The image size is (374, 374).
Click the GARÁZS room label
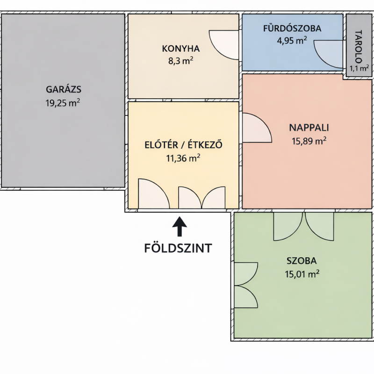[64, 89]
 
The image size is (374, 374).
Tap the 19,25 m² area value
[63, 103]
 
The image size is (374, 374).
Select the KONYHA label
[181, 49]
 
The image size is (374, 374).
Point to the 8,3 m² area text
[181, 61]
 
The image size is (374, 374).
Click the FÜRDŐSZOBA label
[292, 28]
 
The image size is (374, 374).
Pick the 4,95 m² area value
[292, 41]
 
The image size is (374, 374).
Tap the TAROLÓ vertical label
[359, 46]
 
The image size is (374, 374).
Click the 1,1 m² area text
[359, 68]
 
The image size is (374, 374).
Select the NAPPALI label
[309, 128]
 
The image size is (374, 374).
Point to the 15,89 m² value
[309, 141]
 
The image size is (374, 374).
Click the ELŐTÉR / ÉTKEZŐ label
[183, 145]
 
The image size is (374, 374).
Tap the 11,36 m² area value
[183, 158]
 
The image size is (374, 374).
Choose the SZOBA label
[302, 261]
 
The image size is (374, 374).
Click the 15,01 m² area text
[302, 274]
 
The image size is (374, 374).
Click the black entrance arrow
[180, 226]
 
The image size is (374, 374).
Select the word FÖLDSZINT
[178, 248]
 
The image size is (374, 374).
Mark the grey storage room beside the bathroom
[359, 45]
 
